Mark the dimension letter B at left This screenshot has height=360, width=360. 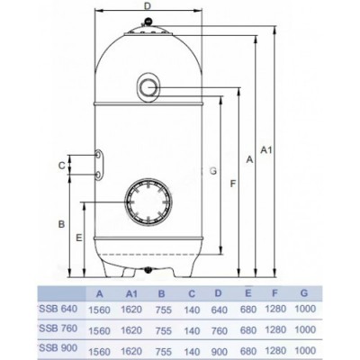click(58, 222)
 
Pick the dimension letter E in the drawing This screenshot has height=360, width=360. click(80, 238)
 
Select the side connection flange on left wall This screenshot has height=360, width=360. click(96, 164)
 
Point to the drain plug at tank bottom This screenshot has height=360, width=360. click(147, 269)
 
